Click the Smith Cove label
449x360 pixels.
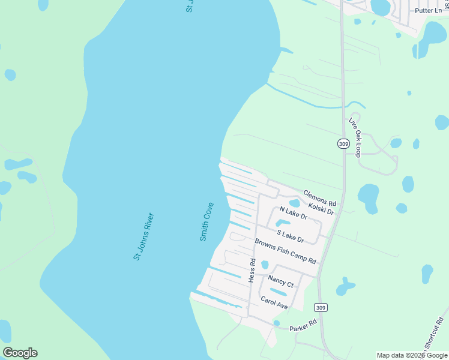(x=206, y=221)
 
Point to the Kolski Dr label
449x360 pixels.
(x=321, y=208)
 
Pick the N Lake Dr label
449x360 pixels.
(x=294, y=212)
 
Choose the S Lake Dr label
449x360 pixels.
(x=291, y=235)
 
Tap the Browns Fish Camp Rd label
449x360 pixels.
(x=285, y=251)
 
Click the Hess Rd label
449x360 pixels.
(x=252, y=270)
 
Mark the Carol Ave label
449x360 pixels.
(x=274, y=302)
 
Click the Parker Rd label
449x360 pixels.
(x=303, y=326)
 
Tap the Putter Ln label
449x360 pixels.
(x=428, y=11)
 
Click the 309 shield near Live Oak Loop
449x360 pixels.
(x=343, y=144)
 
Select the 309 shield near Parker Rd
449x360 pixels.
(x=322, y=308)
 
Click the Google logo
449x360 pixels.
(x=20, y=353)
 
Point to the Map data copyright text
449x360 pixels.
(x=412, y=355)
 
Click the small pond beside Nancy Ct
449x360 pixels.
(x=265, y=264)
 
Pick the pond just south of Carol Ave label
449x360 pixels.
(x=277, y=323)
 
